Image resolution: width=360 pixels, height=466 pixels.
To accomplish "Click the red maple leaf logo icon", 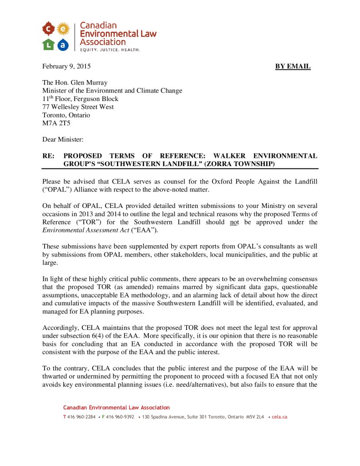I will click(x=49, y=30).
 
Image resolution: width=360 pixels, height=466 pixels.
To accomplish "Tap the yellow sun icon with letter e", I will click(x=63, y=30).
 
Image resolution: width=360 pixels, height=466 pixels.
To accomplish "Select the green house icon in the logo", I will click(x=49, y=44).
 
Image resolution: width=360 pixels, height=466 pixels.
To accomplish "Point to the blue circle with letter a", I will click(x=63, y=44).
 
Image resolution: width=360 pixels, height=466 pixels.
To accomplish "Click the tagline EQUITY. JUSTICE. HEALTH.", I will click(x=110, y=49).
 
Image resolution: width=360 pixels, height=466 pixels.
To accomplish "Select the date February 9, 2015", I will click(x=66, y=66).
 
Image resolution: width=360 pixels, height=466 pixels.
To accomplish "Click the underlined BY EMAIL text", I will click(x=293, y=66).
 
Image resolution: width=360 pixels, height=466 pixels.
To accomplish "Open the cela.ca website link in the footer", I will click(x=279, y=417).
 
